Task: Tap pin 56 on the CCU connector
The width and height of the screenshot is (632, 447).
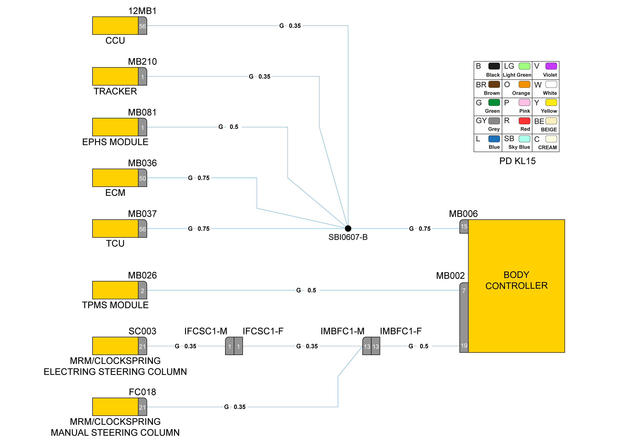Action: (142, 26)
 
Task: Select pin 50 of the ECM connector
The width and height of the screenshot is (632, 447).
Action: (142, 178)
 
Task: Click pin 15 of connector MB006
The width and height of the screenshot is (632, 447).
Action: (464, 226)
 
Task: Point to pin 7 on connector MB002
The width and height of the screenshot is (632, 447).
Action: (464, 291)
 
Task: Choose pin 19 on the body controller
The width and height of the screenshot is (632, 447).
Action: (464, 346)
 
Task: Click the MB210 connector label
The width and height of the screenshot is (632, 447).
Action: (142, 61)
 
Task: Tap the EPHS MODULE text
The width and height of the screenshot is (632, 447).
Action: (115, 142)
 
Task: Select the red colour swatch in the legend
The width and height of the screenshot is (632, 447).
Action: (524, 121)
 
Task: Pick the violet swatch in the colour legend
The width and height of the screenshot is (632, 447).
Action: (551, 66)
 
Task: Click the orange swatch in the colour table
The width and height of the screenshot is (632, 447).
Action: (524, 84)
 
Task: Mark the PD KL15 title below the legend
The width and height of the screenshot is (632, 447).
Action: (517, 161)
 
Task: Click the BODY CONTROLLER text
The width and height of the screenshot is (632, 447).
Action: (516, 280)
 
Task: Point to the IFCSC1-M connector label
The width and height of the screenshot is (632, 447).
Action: (206, 331)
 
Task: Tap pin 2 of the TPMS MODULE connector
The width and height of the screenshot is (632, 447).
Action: (142, 291)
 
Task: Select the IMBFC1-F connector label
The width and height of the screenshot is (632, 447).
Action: (400, 331)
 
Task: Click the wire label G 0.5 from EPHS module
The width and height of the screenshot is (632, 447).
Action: (228, 127)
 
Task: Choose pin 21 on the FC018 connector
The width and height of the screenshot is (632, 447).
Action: (142, 407)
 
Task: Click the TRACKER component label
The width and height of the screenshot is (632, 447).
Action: (115, 91)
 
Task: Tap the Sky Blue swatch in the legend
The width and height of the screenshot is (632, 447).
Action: (524, 139)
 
